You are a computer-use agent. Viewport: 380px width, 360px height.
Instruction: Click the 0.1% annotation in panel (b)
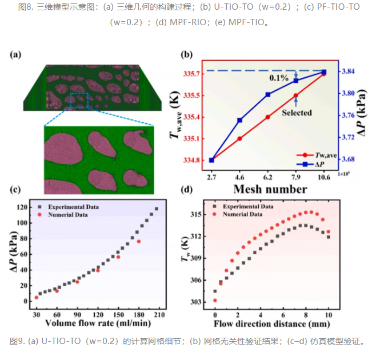(279, 78)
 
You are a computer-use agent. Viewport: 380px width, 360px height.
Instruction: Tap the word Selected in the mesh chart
(297, 113)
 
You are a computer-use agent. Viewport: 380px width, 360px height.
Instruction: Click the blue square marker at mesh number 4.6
(239, 120)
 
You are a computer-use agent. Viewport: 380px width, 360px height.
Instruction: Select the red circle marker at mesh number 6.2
(268, 117)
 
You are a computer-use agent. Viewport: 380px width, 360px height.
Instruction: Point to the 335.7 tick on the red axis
(191, 74)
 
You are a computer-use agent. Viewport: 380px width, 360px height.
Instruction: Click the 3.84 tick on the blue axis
(348, 71)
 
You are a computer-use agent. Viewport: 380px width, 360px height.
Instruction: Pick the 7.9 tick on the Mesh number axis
(296, 178)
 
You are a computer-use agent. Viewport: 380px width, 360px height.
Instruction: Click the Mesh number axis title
(270, 189)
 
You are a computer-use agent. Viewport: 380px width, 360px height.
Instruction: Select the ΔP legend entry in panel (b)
(310, 165)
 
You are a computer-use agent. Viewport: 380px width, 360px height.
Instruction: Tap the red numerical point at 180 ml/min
(139, 242)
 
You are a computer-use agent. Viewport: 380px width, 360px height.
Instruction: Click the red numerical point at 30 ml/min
(37, 298)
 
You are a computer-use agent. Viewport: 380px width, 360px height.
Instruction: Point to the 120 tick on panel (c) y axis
(22, 207)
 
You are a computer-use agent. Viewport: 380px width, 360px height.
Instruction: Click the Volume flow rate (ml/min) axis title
(98, 323)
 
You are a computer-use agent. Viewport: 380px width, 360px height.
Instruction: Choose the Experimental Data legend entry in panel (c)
(69, 207)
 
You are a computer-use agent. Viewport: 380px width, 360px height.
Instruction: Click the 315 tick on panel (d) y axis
(195, 214)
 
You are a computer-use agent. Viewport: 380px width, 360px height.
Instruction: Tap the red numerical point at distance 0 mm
(215, 301)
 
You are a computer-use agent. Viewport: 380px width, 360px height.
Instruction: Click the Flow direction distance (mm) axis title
(271, 324)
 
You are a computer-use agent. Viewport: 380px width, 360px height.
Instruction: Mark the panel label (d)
(187, 189)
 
